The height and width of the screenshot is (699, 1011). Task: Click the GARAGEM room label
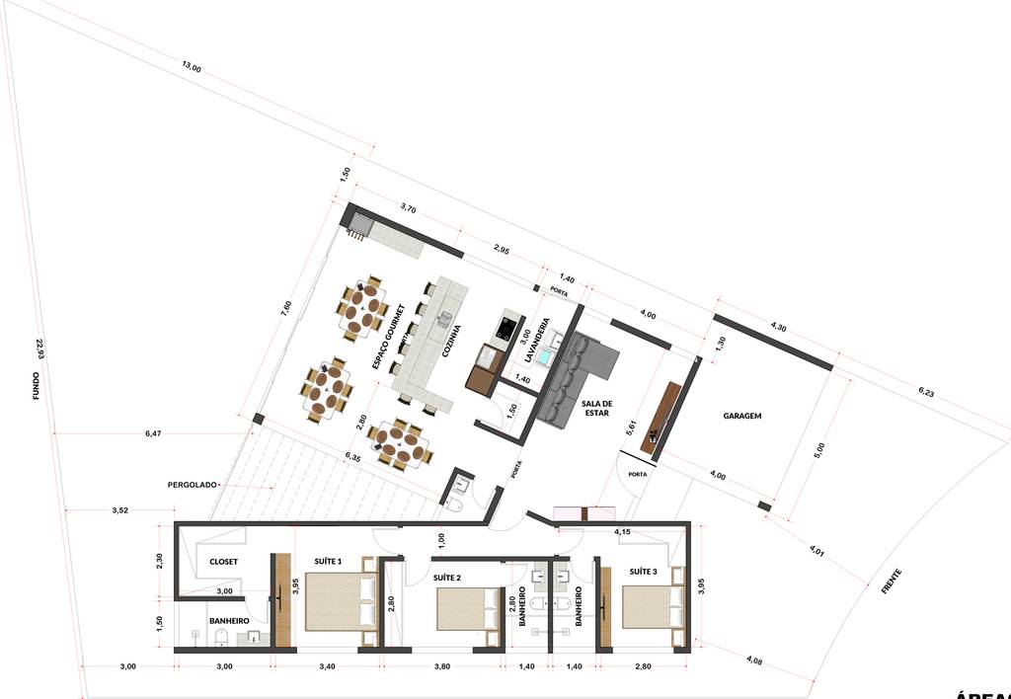[741, 416]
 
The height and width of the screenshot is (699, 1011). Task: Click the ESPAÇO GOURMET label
[389, 337]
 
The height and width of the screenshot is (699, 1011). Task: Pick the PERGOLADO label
[193, 485]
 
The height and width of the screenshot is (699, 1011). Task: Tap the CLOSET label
[224, 562]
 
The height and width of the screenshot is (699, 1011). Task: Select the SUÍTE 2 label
[448, 577]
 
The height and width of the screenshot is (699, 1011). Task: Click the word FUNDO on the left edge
[36, 386]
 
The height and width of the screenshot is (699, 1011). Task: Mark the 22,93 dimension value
[40, 349]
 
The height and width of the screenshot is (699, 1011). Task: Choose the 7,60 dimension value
[286, 308]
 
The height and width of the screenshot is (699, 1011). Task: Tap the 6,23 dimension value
[926, 392]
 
